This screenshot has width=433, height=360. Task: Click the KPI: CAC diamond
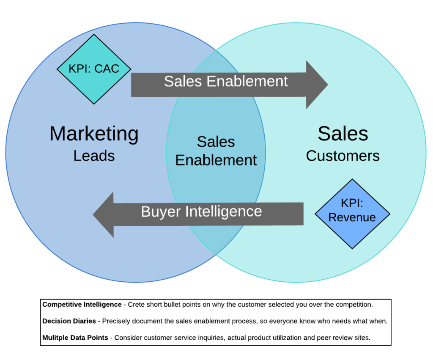coord(94,69)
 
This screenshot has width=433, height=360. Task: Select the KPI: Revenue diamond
coord(352,214)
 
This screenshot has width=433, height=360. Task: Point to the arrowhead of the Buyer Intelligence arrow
coord(104,214)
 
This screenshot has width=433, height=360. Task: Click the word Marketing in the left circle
coord(94,134)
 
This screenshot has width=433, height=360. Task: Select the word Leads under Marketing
coord(94,156)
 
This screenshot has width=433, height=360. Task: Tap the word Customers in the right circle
coord(343,156)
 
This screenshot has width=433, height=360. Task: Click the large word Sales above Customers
coord(343,134)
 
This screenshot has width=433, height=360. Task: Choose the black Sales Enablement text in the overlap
coord(216,151)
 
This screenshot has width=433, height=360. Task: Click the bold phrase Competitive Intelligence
coord(82,305)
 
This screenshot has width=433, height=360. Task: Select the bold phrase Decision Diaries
coord(69,321)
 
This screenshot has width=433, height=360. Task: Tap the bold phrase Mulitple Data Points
coord(75,338)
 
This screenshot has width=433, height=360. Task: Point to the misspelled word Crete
coord(137,305)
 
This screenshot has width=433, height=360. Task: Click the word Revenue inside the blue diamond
coord(352,217)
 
